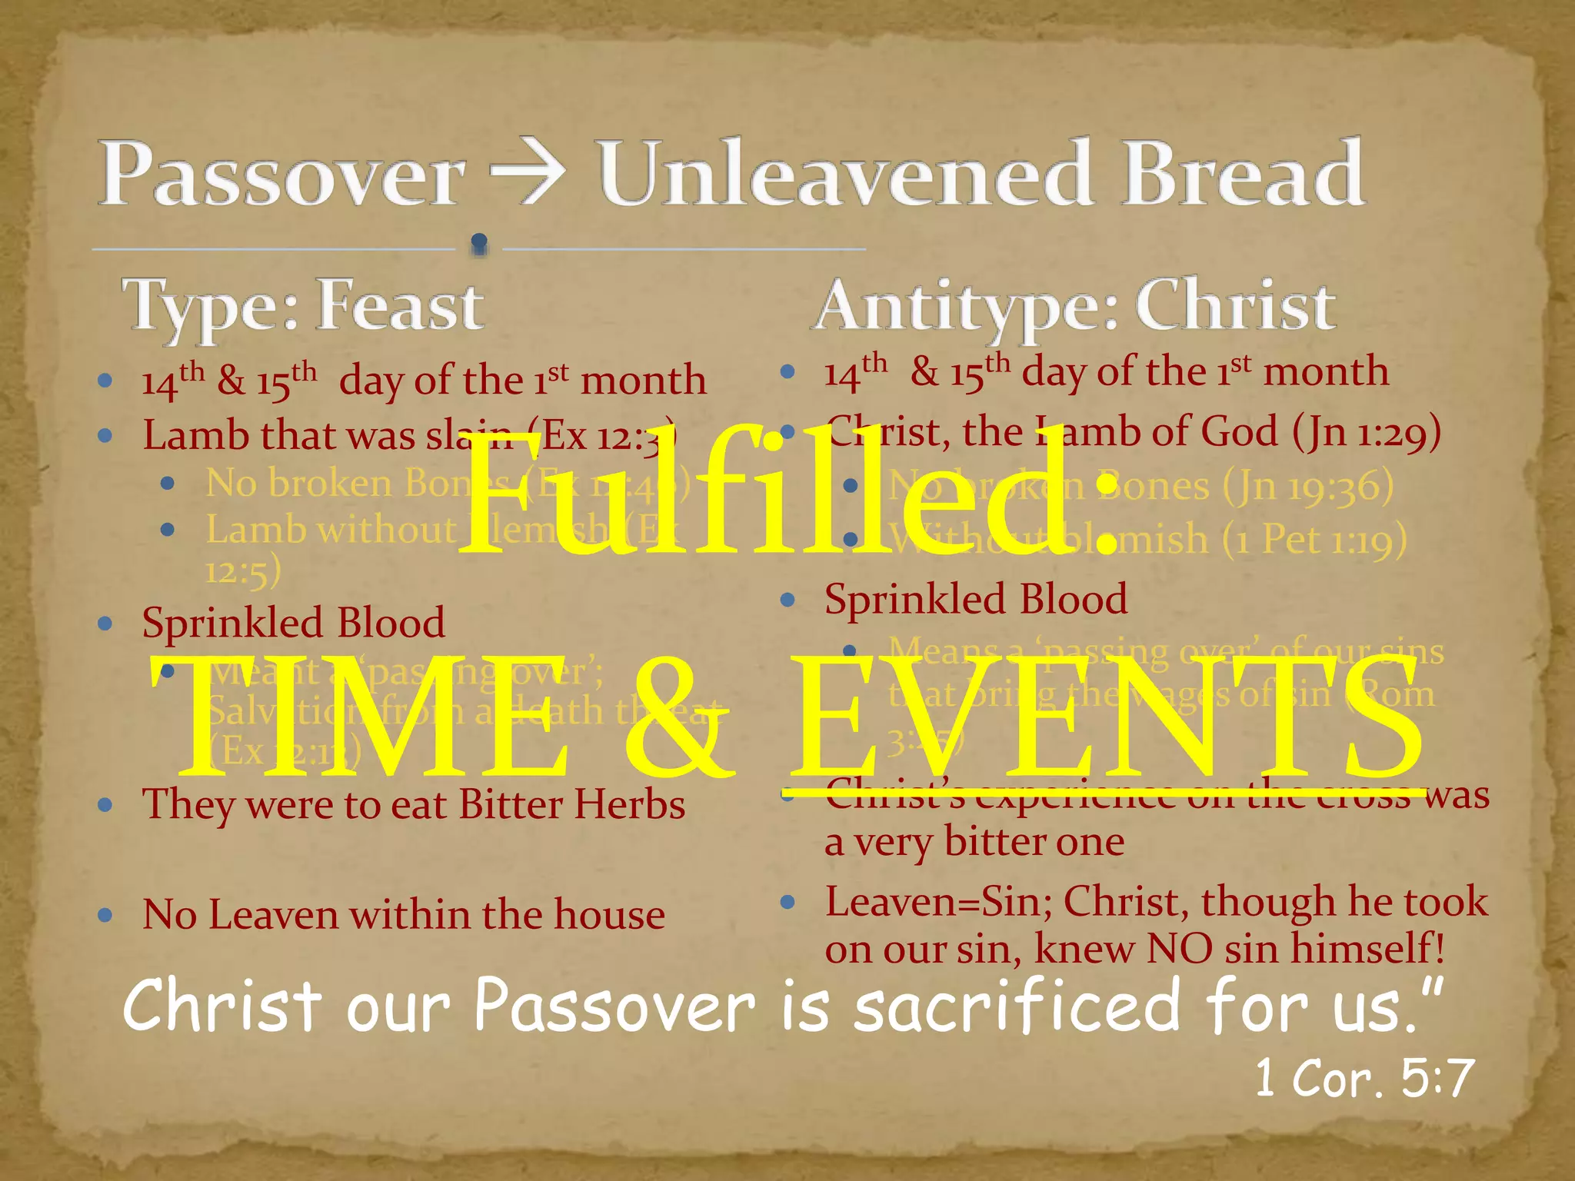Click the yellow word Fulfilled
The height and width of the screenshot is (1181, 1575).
(x=788, y=492)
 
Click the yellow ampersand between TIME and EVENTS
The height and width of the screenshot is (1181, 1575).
(x=677, y=719)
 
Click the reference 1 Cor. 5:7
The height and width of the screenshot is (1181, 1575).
(x=1364, y=1078)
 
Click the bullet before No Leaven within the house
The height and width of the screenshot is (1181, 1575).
(x=106, y=915)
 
